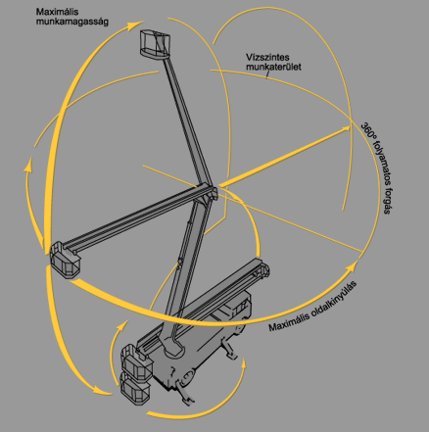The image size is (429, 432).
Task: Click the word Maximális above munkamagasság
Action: click(57, 12)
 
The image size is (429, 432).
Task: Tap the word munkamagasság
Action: click(71, 22)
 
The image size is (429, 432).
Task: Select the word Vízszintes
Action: click(267, 58)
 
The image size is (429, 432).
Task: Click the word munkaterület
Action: click(273, 68)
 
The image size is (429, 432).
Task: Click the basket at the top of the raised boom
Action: click(156, 45)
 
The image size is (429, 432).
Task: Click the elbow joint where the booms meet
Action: click(209, 193)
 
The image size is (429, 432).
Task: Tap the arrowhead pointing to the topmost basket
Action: click(135, 25)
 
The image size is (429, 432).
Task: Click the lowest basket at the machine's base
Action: click(135, 389)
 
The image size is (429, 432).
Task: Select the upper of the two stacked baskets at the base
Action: click(137, 362)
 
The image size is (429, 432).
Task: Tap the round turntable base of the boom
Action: click(173, 350)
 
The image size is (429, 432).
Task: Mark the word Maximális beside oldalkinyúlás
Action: click(289, 323)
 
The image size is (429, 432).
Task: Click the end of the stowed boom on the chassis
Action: click(263, 269)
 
